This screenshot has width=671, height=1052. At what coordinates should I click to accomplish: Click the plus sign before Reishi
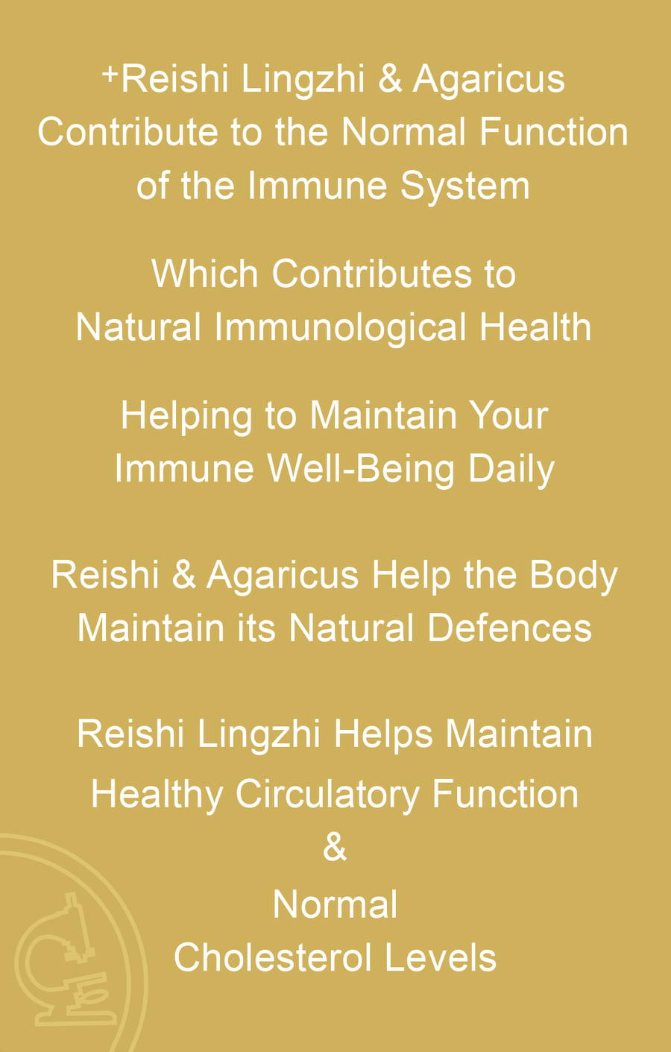pos(110,75)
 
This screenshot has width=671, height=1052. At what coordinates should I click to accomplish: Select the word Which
pos(205,274)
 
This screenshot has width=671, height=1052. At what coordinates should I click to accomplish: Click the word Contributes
pos(372,274)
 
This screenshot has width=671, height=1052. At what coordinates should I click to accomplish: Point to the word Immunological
pos(341,327)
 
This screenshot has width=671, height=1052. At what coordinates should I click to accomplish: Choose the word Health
pos(535,327)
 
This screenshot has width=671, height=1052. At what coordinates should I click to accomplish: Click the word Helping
pos(186,417)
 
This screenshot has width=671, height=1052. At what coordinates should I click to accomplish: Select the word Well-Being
pos(361,470)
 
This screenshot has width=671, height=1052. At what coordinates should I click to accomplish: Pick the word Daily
pos(511,470)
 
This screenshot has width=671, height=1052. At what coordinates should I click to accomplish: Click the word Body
pos(573,576)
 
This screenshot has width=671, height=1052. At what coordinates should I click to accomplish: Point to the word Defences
pos(509,629)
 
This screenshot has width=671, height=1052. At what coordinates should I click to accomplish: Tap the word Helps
pos(383,734)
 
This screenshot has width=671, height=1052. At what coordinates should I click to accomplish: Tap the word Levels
pos(441,957)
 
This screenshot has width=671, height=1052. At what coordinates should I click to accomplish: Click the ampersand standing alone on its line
pos(335,848)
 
